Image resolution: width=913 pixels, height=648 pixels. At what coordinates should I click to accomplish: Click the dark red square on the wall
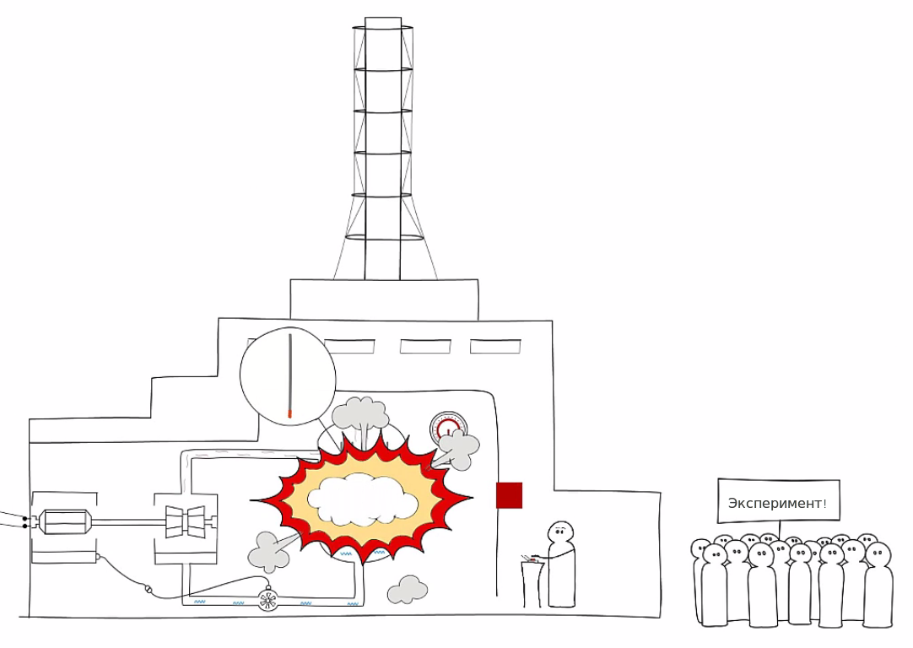pyautogui.click(x=509, y=495)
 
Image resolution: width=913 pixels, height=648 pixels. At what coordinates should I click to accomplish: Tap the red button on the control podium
pyautogui.click(x=533, y=557)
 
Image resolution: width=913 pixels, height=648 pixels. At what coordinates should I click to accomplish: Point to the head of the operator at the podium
pyautogui.click(x=560, y=533)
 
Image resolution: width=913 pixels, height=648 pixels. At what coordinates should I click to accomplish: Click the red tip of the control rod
pyautogui.click(x=289, y=414)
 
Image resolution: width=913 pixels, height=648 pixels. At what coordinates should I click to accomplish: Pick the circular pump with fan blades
pyautogui.click(x=268, y=599)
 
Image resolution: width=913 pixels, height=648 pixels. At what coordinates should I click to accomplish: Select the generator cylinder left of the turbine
pyautogui.click(x=65, y=521)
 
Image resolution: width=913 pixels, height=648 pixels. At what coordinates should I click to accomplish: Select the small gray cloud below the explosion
pyautogui.click(x=408, y=590)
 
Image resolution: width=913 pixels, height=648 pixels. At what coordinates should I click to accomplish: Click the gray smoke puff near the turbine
pyautogui.click(x=268, y=551)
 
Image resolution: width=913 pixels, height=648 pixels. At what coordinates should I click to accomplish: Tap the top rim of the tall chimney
pyautogui.click(x=383, y=19)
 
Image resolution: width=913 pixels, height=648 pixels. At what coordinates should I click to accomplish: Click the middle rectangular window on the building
pyautogui.click(x=425, y=346)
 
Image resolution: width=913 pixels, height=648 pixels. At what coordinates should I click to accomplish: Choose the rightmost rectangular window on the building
pyautogui.click(x=495, y=346)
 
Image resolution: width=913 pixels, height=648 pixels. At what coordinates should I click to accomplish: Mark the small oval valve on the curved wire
pyautogui.click(x=149, y=591)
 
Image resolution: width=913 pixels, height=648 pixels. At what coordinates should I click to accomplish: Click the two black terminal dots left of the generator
pyautogui.click(x=25, y=521)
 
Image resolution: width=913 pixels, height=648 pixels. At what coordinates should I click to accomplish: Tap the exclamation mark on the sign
pyautogui.click(x=824, y=504)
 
